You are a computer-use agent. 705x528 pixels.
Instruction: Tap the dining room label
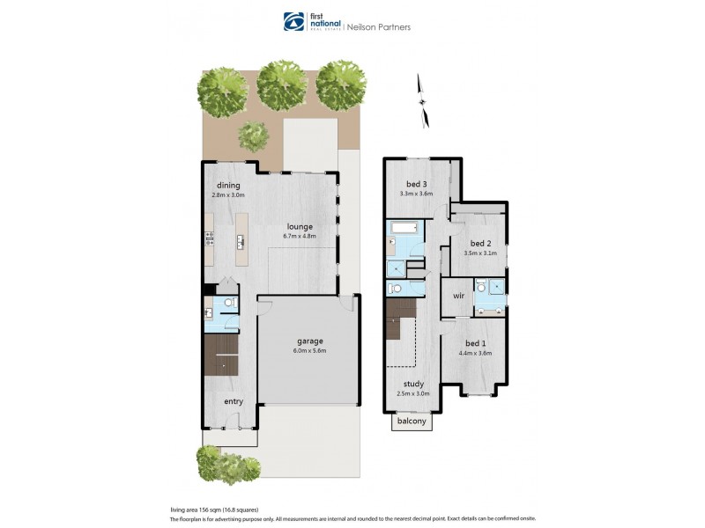(x=229, y=185)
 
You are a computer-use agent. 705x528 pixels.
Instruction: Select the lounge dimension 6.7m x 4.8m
(x=299, y=236)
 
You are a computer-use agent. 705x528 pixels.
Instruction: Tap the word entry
(x=233, y=401)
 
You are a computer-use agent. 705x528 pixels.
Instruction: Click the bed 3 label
(x=417, y=183)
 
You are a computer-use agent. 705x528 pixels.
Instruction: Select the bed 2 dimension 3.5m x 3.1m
(x=480, y=253)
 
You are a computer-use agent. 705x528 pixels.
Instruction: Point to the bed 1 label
(x=476, y=343)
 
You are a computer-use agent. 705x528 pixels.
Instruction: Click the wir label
(x=458, y=297)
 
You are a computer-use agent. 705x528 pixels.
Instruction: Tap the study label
(x=413, y=384)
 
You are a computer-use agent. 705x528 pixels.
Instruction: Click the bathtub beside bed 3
(x=404, y=231)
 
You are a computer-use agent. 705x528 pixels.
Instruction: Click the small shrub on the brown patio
(x=255, y=134)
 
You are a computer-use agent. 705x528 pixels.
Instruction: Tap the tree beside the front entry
(x=211, y=463)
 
